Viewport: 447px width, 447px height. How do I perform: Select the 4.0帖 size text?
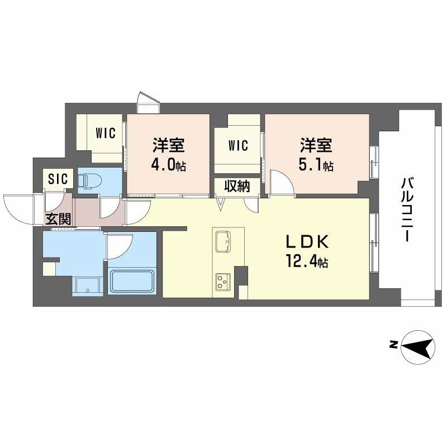pyautogui.click(x=169, y=166)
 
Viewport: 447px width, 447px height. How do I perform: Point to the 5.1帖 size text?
pyautogui.click(x=316, y=166)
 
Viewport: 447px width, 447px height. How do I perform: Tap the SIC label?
pyautogui.click(x=57, y=179)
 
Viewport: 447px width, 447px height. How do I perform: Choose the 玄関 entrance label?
pyautogui.click(x=58, y=219)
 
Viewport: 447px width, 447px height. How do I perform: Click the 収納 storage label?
pyautogui.click(x=236, y=186)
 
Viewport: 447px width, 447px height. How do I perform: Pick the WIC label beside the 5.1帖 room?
pyautogui.click(x=237, y=146)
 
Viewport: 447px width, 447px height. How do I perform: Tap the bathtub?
pyautogui.click(x=133, y=281)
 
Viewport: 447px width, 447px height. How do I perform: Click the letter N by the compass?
pyautogui.click(x=393, y=345)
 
